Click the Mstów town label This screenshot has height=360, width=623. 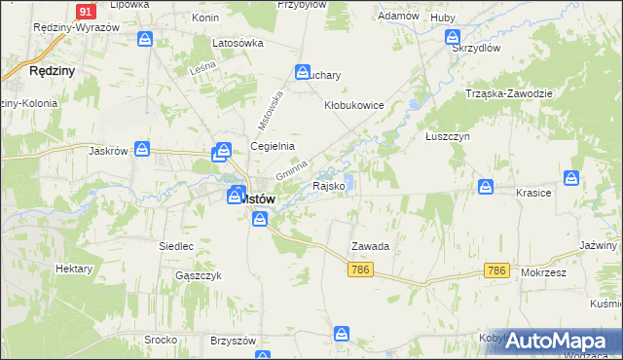tap(259, 198)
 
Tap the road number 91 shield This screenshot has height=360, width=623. tap(86, 11)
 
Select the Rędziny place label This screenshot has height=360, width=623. tap(53, 71)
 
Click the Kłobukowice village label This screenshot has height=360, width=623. tap(355, 105)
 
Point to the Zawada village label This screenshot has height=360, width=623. tap(371, 247)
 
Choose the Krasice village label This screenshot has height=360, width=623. tap(534, 193)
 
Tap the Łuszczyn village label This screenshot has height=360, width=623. tap(448, 137)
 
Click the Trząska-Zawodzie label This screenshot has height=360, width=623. tap(509, 93)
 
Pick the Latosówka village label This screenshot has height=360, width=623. tap(238, 43)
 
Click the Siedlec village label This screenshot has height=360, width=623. tap(177, 247)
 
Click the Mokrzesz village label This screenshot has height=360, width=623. tap(543, 273)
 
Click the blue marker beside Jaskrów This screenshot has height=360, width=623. tap(142, 149)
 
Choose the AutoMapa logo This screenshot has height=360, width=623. tap(552, 342)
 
